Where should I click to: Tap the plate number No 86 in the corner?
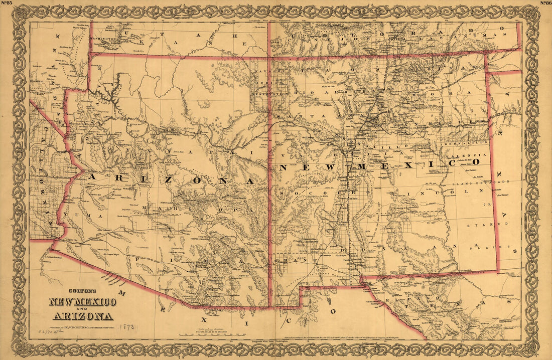[x=545, y=3]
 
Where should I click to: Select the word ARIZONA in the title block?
[x=83, y=316]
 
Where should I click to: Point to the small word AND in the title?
[x=83, y=309]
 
